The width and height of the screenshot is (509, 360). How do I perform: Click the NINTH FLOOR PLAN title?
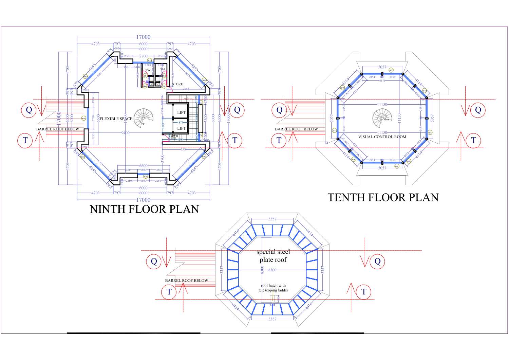pos(144,209)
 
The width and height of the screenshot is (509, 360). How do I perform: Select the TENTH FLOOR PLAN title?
pos(383,197)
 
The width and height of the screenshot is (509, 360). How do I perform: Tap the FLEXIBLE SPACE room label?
pos(116,119)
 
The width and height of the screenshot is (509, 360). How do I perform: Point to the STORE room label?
pos(177,84)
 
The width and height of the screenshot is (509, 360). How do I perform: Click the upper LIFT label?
pos(182,112)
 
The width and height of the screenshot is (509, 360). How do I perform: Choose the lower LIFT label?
pos(182,128)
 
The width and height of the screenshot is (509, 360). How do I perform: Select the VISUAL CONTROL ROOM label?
pos(382,137)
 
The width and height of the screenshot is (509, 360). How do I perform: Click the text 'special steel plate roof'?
pos(273,256)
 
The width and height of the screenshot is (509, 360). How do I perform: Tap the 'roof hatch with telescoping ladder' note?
pos(273,288)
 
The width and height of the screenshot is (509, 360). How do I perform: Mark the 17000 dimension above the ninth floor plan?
pos(143,37)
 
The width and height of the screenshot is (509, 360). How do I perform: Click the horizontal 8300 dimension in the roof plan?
pos(272,270)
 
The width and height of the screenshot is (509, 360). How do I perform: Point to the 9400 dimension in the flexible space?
pos(126,133)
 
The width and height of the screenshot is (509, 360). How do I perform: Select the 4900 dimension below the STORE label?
pos(186,89)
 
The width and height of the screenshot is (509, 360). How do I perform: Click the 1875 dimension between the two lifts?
pos(180,123)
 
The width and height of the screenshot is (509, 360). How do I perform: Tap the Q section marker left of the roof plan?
pos(154,261)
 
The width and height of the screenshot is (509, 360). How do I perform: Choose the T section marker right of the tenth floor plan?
pos(474,140)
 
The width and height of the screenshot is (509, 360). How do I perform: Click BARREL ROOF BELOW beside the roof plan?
pos(187,281)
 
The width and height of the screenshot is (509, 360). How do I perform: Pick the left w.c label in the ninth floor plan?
pos(148,70)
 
